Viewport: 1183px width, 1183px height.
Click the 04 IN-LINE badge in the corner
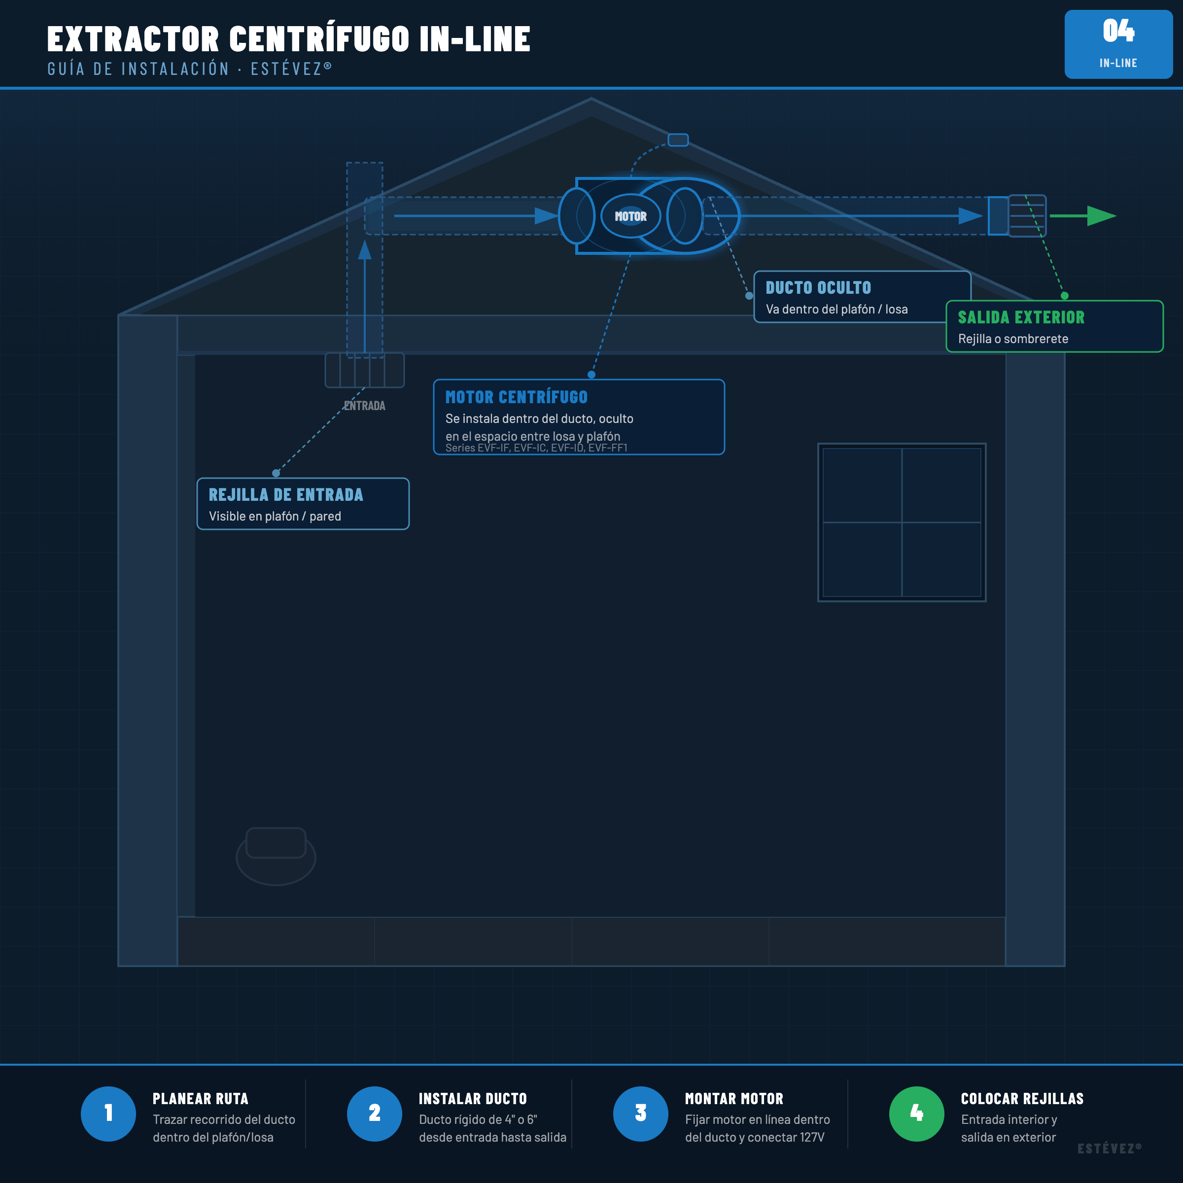coord(1118,44)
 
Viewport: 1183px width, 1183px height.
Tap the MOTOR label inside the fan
coord(631,216)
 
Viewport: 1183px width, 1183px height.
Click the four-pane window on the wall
coord(902,522)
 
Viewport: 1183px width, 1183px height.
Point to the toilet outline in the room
coord(276,856)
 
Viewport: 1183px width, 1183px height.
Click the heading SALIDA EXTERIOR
coord(1021,317)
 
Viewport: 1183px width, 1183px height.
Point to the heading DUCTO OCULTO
coord(818,288)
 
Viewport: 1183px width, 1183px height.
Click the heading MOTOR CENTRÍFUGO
coord(516,397)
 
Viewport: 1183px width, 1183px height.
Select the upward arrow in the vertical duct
coord(365,296)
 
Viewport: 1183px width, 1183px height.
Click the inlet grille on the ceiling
coord(365,370)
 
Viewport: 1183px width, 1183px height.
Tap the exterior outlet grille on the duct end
coord(1027,215)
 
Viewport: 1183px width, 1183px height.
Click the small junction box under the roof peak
coord(678,140)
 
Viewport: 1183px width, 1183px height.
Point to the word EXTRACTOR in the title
coord(133,39)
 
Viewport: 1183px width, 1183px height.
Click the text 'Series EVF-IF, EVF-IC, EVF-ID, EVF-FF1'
coord(536,448)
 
